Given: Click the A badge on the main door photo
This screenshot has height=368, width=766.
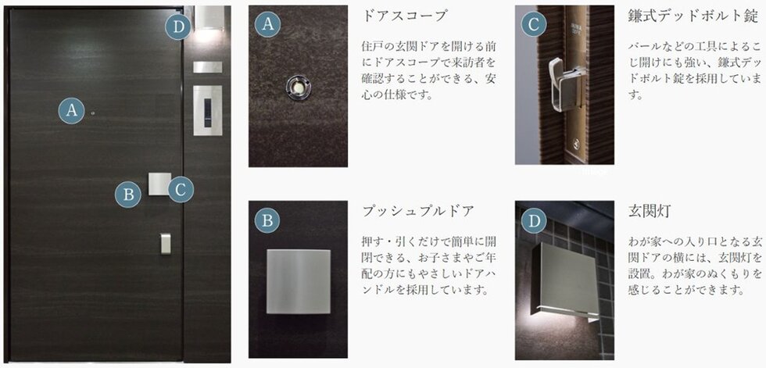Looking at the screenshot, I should click(72, 111).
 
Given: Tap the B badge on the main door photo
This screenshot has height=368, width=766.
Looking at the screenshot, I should click(128, 193).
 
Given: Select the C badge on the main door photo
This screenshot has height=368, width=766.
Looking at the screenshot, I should click(180, 188).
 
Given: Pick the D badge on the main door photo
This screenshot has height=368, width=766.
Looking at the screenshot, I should click(179, 28).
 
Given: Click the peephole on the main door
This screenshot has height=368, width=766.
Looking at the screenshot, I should click(93, 115).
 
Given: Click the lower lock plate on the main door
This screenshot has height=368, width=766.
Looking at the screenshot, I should click(166, 243).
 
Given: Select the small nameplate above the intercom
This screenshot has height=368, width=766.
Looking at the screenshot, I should click(207, 66).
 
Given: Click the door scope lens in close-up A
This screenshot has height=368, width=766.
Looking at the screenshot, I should click(297, 84).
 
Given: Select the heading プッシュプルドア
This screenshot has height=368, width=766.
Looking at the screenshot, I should click(417, 211).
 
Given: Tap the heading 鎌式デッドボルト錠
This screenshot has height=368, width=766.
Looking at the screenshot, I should click(693, 16).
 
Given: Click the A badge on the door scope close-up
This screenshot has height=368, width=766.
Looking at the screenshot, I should click(267, 24).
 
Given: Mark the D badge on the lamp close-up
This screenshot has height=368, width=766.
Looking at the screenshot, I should click(534, 221).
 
